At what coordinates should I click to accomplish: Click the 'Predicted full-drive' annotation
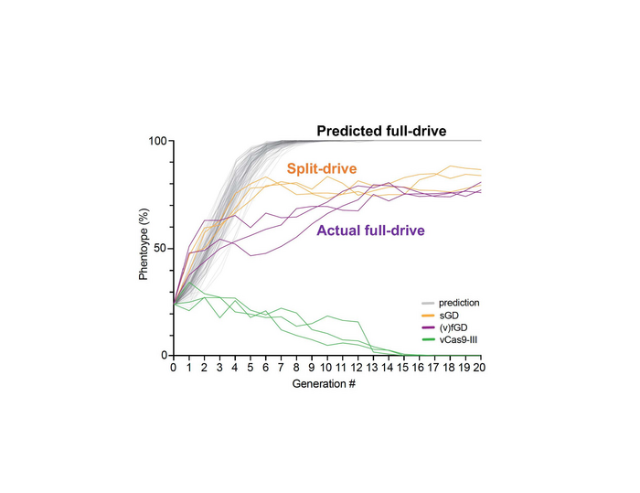381,132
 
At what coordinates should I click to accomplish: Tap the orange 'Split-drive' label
321,169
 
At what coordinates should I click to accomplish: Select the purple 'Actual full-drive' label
370,230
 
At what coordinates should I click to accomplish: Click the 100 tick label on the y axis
155,141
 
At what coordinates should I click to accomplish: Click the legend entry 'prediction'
460,303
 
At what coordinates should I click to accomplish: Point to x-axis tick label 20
481,368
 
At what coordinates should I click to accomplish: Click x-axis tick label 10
326,368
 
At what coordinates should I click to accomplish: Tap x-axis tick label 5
250,368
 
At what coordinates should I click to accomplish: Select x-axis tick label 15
403,368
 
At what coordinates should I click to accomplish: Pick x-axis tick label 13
373,368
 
